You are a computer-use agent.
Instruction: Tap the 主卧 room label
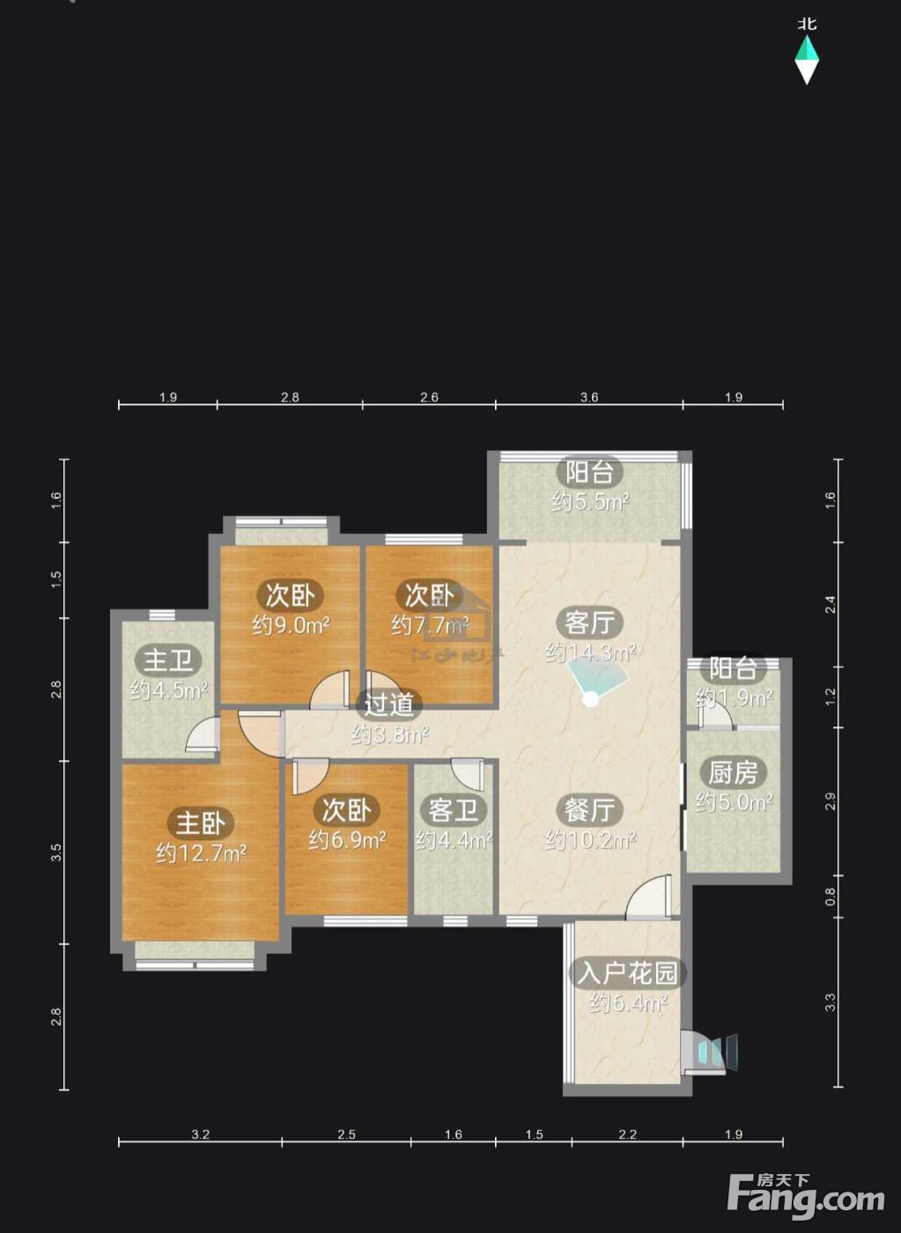click(x=200, y=823)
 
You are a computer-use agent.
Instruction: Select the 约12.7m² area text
click(x=201, y=853)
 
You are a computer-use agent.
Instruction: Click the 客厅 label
click(x=589, y=623)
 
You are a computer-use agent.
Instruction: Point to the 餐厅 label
click(x=589, y=809)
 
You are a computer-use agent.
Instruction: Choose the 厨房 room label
click(x=733, y=772)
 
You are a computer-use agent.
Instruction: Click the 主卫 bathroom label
click(x=168, y=660)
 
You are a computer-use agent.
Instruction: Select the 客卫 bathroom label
click(x=453, y=809)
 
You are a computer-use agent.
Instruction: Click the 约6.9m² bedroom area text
click(x=347, y=839)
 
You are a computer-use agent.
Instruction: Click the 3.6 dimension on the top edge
click(x=588, y=397)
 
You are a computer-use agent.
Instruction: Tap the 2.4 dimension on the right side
click(x=831, y=605)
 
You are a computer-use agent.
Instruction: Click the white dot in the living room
click(x=591, y=699)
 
